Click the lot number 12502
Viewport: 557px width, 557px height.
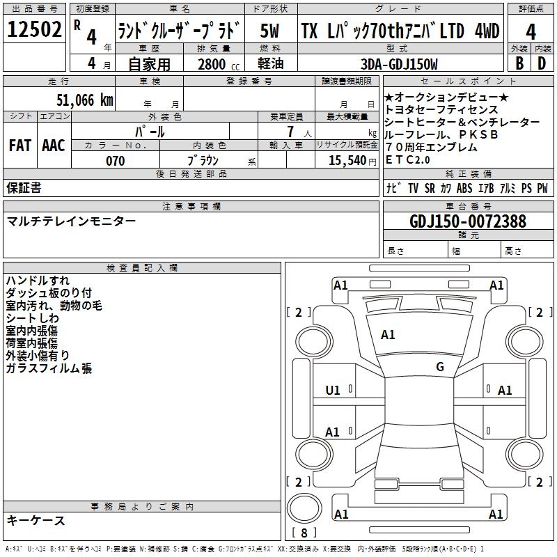click(x=35, y=30)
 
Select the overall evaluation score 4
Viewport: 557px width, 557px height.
click(x=531, y=32)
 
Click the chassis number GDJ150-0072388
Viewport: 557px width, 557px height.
click(x=468, y=221)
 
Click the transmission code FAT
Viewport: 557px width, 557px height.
click(x=19, y=146)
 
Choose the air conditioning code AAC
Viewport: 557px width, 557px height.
click(x=54, y=146)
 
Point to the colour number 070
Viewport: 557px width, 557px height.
click(x=115, y=161)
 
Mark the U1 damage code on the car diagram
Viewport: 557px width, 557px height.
click(x=333, y=391)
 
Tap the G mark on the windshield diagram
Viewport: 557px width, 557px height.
click(x=440, y=367)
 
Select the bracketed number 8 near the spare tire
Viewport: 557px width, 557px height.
click(x=304, y=533)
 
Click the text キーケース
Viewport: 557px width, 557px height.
click(x=36, y=520)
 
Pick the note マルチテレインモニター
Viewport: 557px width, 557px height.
click(x=71, y=221)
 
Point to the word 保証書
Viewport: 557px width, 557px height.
click(x=24, y=188)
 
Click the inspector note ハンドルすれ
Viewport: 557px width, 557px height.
click(x=38, y=281)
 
